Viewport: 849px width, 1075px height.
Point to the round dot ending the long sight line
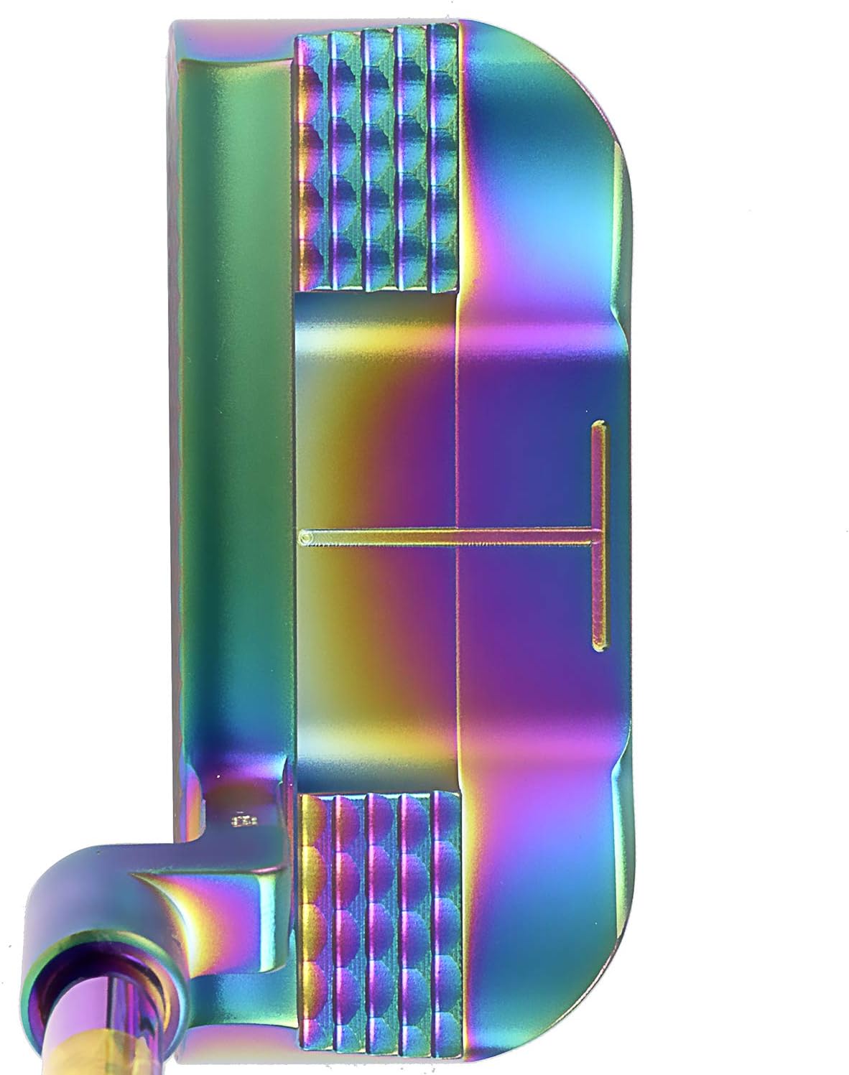pyautogui.click(x=305, y=536)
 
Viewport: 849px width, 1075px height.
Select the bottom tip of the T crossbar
pyautogui.click(x=598, y=641)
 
